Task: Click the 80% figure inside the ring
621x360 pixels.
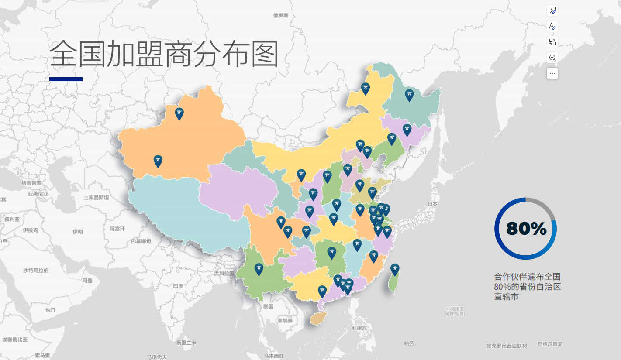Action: click(x=526, y=228)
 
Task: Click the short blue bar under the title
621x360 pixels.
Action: click(x=66, y=79)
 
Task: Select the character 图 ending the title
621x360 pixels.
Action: click(x=264, y=54)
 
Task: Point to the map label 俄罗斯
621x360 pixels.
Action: click(x=281, y=16)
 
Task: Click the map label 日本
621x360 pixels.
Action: click(x=432, y=204)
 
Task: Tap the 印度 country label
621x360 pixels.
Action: click(x=178, y=286)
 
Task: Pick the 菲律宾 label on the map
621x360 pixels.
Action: click(x=359, y=327)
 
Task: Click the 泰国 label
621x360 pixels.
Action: click(x=268, y=306)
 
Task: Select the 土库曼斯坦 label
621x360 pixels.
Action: click(x=96, y=198)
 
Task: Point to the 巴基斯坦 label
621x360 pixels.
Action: click(x=141, y=241)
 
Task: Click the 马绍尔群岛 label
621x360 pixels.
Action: click(x=550, y=344)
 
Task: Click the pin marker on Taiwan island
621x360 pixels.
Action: click(x=395, y=269)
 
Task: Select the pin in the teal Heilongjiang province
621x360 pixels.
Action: click(x=409, y=95)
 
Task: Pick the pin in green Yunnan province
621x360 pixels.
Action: click(x=259, y=268)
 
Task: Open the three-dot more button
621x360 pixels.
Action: click(x=552, y=73)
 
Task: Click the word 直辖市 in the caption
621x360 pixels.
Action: click(x=506, y=297)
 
